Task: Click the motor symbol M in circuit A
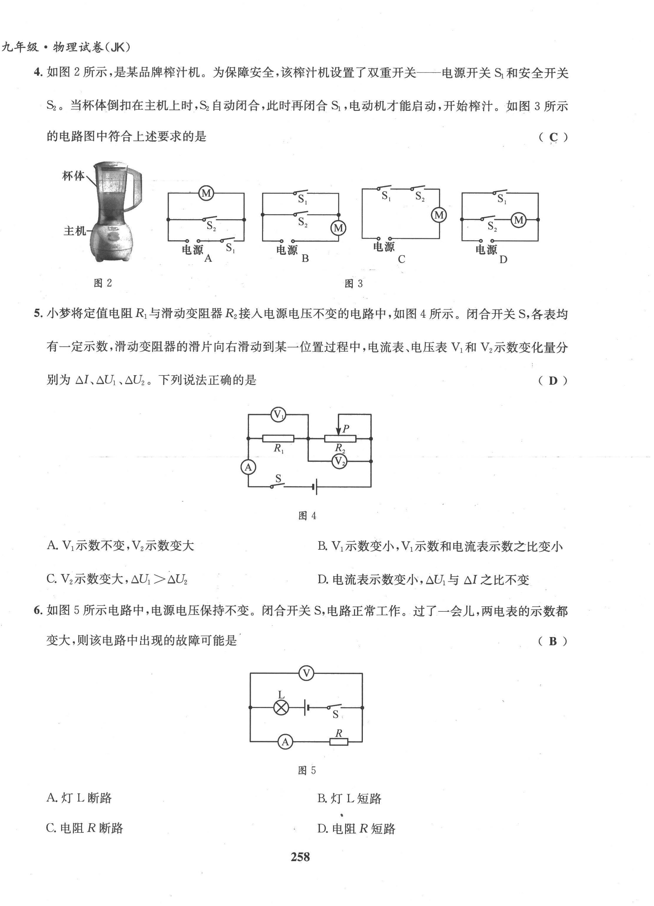click(206, 193)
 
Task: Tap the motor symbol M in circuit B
click(338, 228)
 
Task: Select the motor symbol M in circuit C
click(439, 215)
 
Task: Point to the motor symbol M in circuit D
click(518, 220)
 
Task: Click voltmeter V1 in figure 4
click(278, 414)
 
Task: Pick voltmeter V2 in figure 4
click(339, 461)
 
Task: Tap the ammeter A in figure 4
click(248, 467)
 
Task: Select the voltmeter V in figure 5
click(306, 674)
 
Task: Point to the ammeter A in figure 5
click(285, 742)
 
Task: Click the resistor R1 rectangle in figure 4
click(278, 439)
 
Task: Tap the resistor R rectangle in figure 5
click(339, 742)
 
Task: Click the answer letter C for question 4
click(553, 137)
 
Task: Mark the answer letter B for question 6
click(553, 641)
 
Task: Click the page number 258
click(300, 857)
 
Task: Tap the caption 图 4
click(307, 516)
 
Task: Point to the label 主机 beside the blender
click(75, 231)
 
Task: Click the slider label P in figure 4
click(346, 429)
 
